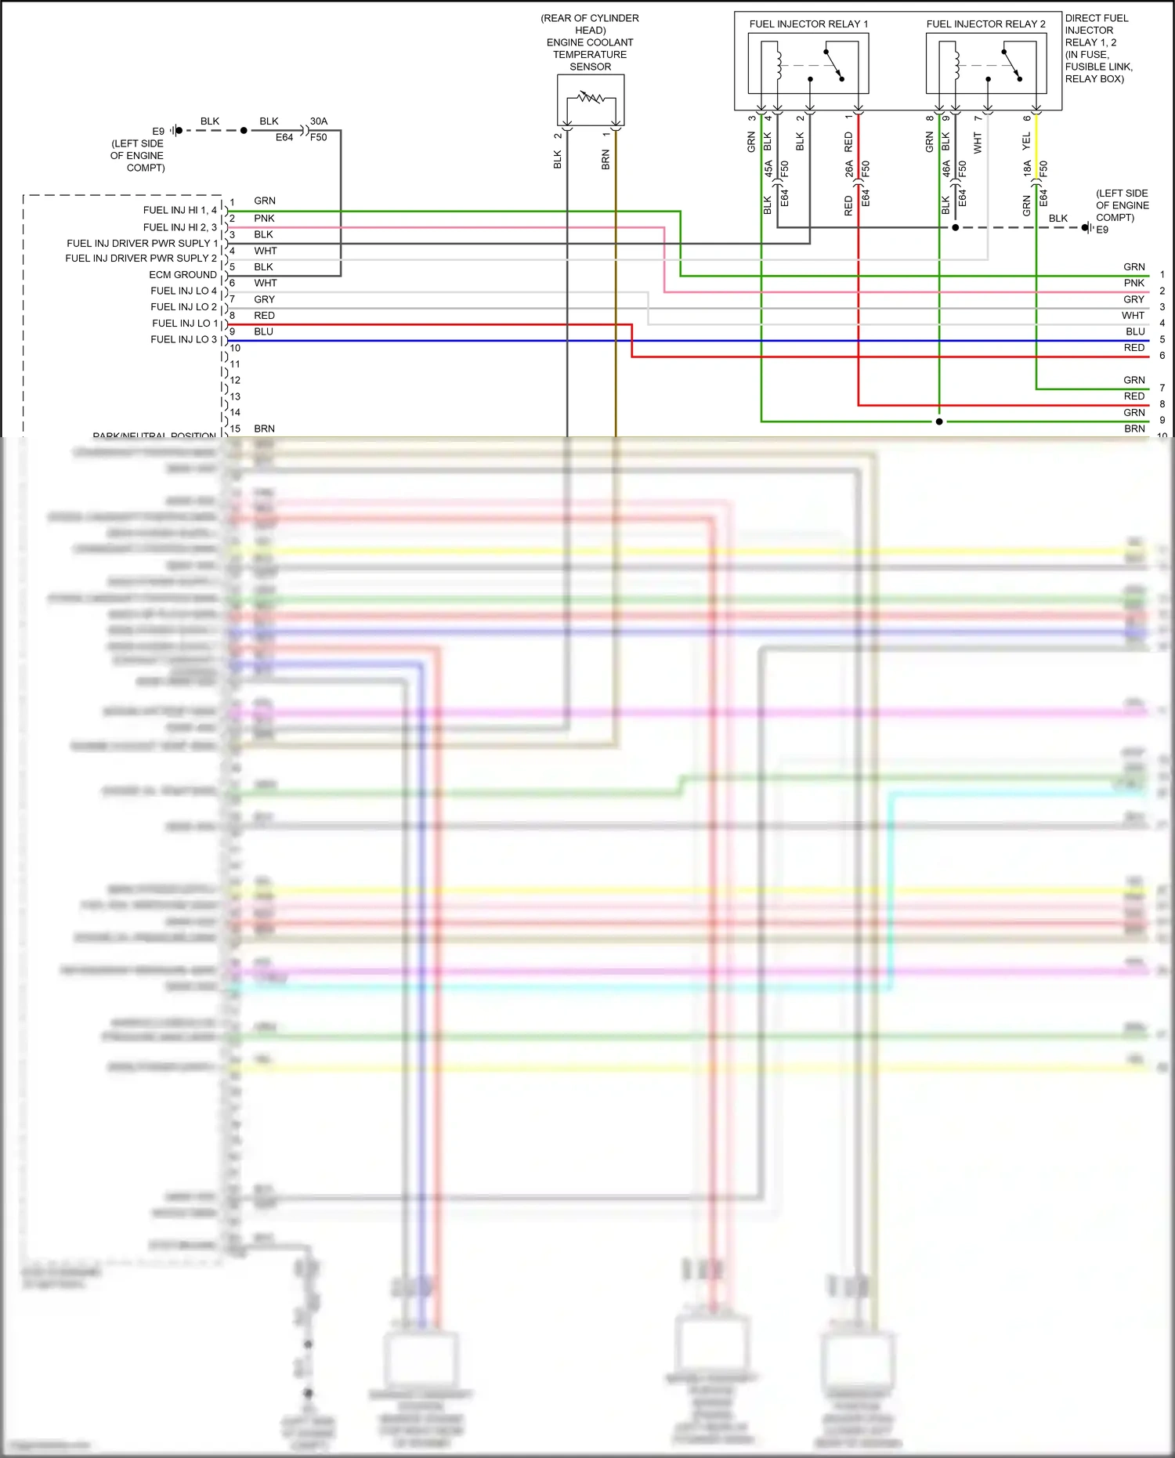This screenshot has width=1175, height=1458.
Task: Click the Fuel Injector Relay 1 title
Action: pyautogui.click(x=808, y=24)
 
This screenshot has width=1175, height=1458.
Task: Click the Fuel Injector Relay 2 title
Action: pyautogui.click(x=985, y=24)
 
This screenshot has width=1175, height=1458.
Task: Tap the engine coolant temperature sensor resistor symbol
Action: pyautogui.click(x=591, y=99)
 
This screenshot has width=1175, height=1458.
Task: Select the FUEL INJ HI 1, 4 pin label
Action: pyautogui.click(x=179, y=210)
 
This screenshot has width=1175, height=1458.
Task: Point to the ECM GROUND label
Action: pyautogui.click(x=183, y=274)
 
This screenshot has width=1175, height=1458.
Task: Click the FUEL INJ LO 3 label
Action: pyautogui.click(x=183, y=339)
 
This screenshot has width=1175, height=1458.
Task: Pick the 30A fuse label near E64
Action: pyautogui.click(x=319, y=121)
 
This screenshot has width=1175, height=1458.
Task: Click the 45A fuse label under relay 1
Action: pyautogui.click(x=768, y=168)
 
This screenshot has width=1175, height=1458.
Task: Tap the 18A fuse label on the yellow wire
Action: pyautogui.click(x=1027, y=168)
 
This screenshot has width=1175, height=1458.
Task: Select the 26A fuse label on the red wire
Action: pyautogui.click(x=849, y=168)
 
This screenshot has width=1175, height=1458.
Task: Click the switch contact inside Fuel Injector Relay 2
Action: pyautogui.click(x=1011, y=64)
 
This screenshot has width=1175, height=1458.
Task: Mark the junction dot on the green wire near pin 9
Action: pyautogui.click(x=939, y=421)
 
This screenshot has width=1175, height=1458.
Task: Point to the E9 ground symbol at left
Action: pyautogui.click(x=177, y=130)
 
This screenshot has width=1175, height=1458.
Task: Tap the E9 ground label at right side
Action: pyautogui.click(x=1102, y=230)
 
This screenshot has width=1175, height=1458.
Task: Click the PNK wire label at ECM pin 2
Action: pyautogui.click(x=264, y=219)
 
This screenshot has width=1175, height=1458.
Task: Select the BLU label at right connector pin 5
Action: pyautogui.click(x=1135, y=331)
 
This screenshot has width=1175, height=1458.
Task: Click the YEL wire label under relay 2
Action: pyautogui.click(x=1026, y=142)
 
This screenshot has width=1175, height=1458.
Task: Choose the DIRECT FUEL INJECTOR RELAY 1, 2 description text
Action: pyautogui.click(x=1097, y=49)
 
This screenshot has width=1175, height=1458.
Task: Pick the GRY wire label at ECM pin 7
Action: pyautogui.click(x=264, y=299)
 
